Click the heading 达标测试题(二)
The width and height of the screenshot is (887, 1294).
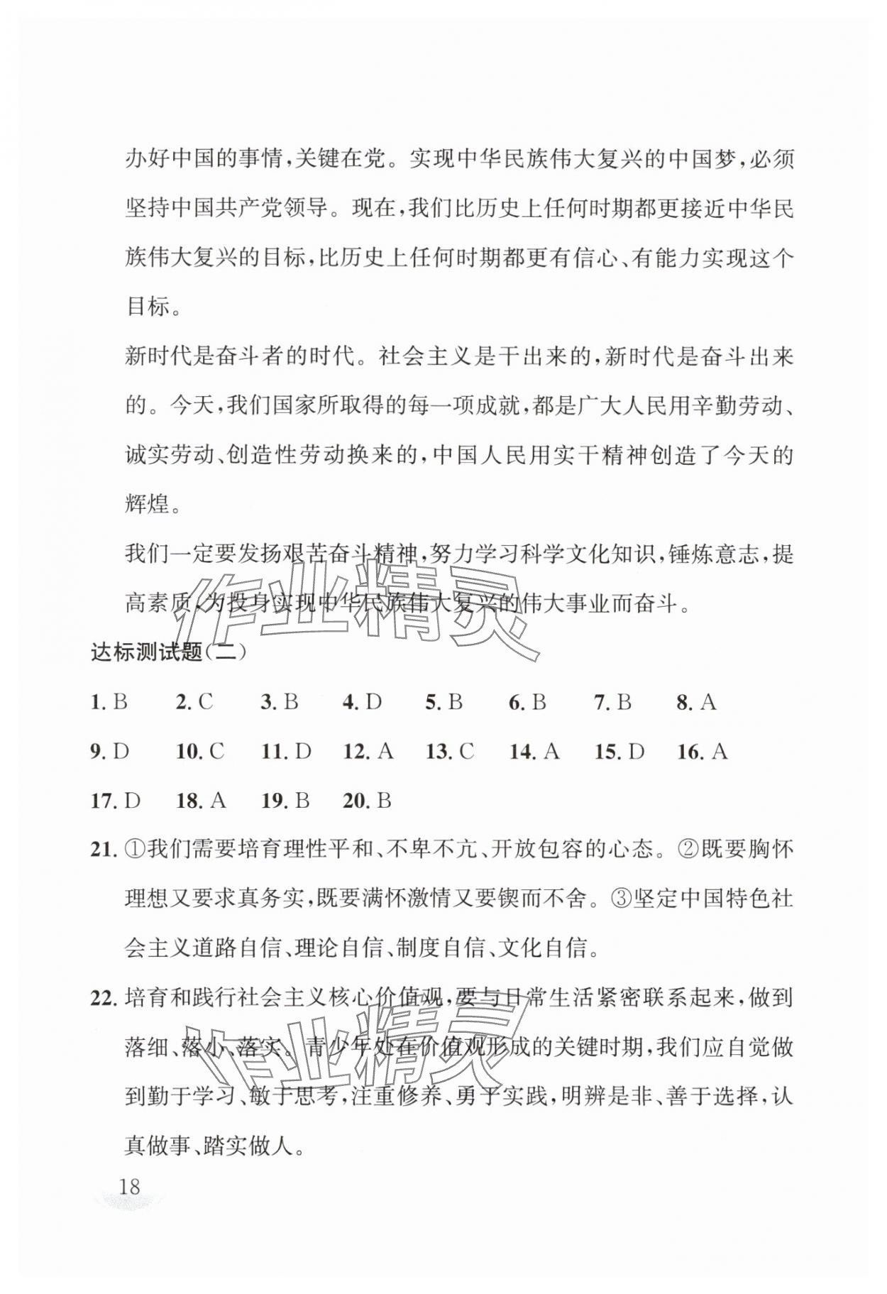(169, 651)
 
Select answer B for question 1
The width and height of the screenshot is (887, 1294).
(120, 703)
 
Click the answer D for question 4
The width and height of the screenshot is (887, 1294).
(373, 703)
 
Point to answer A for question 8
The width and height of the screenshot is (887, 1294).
(707, 703)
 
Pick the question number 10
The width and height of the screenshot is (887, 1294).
(189, 752)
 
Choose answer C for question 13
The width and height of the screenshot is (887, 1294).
(466, 752)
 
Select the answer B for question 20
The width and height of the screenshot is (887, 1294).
(384, 801)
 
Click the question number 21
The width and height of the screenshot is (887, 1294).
(104, 850)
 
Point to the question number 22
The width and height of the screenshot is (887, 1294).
(104, 998)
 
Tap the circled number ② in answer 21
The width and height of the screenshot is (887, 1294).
(689, 850)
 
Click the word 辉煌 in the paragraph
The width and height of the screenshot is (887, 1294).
(148, 504)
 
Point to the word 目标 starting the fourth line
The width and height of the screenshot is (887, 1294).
(148, 307)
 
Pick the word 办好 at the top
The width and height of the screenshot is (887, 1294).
(148, 159)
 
